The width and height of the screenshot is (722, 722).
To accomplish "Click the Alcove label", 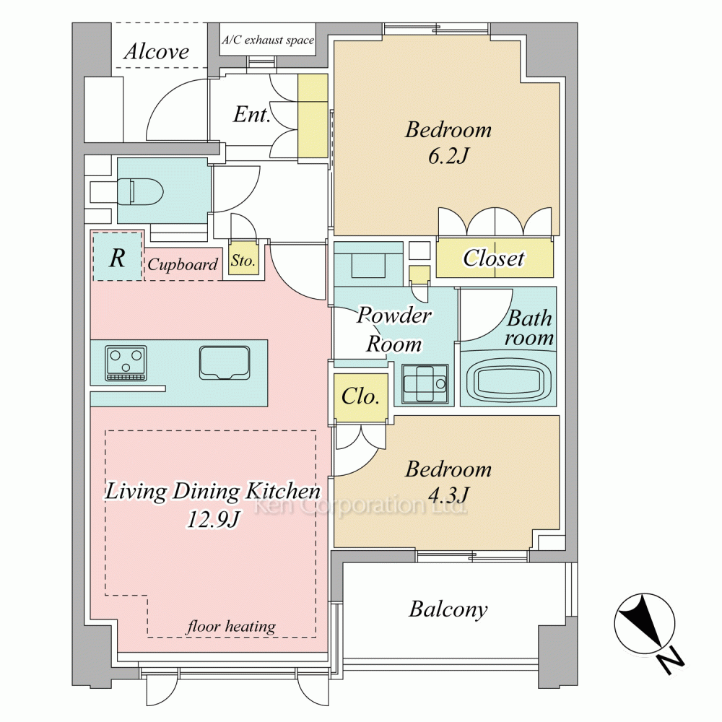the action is click(157, 51).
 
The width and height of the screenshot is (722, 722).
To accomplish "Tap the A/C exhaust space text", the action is click(268, 40).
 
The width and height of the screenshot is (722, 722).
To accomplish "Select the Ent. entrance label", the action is click(251, 114).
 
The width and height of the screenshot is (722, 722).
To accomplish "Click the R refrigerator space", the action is click(118, 256).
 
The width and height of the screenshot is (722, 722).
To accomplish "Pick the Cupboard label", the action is click(183, 264).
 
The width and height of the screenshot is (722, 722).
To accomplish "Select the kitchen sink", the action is click(225, 363).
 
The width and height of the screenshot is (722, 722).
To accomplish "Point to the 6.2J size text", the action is click(448, 156).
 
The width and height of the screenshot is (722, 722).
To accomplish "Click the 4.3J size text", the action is click(448, 495).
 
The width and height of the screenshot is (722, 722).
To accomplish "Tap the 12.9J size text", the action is click(213, 519).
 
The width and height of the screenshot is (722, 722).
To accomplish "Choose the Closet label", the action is click(494, 258).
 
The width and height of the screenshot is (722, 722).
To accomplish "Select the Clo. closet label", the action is click(360, 396).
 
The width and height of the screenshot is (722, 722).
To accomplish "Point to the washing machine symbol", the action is click(424, 383).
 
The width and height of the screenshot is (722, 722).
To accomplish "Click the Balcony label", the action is click(448, 609).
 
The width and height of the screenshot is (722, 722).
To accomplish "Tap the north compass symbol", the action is click(649, 632).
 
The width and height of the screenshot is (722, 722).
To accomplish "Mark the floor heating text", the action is click(231, 626).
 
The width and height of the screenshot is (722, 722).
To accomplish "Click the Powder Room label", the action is click(394, 329).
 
